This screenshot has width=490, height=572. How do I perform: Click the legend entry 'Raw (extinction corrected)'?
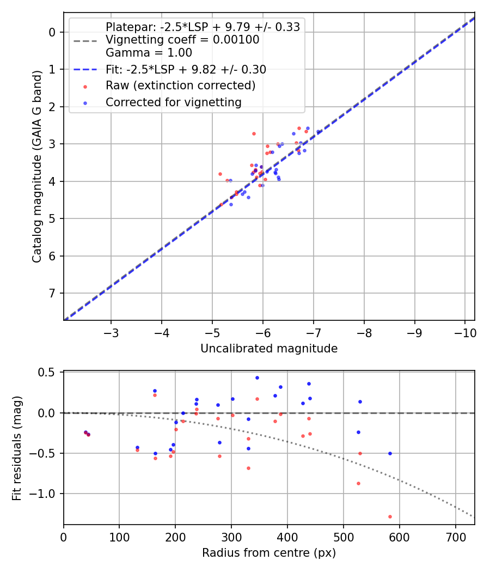[x=180, y=86]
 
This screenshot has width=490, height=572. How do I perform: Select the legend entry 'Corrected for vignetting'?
[x=173, y=102]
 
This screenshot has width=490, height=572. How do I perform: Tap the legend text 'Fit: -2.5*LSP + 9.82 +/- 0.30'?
[x=186, y=69]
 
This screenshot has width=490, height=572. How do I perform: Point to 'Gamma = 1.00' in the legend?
[x=149, y=53]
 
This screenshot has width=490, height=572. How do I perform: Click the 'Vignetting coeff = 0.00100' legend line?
[x=182, y=40]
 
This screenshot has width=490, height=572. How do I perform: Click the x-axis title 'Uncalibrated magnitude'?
[x=269, y=349]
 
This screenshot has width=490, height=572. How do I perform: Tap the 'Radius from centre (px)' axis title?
[x=269, y=553]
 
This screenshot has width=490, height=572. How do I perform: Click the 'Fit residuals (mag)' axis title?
[x=17, y=448]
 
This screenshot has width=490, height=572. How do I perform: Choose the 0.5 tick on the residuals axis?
[x=49, y=373]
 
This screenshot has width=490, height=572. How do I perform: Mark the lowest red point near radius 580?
[x=390, y=516]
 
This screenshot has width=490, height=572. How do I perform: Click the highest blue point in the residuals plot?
[x=257, y=378]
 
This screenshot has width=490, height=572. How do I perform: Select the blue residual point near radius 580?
[x=390, y=453]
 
